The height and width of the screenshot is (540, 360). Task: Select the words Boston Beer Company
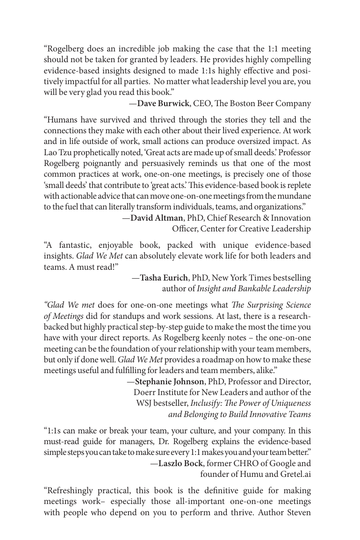[271, 103]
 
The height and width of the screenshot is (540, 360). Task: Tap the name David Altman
[157, 218]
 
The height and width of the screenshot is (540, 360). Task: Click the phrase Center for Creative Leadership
[241, 229]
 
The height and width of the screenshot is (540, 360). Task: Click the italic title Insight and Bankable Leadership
[254, 288]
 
